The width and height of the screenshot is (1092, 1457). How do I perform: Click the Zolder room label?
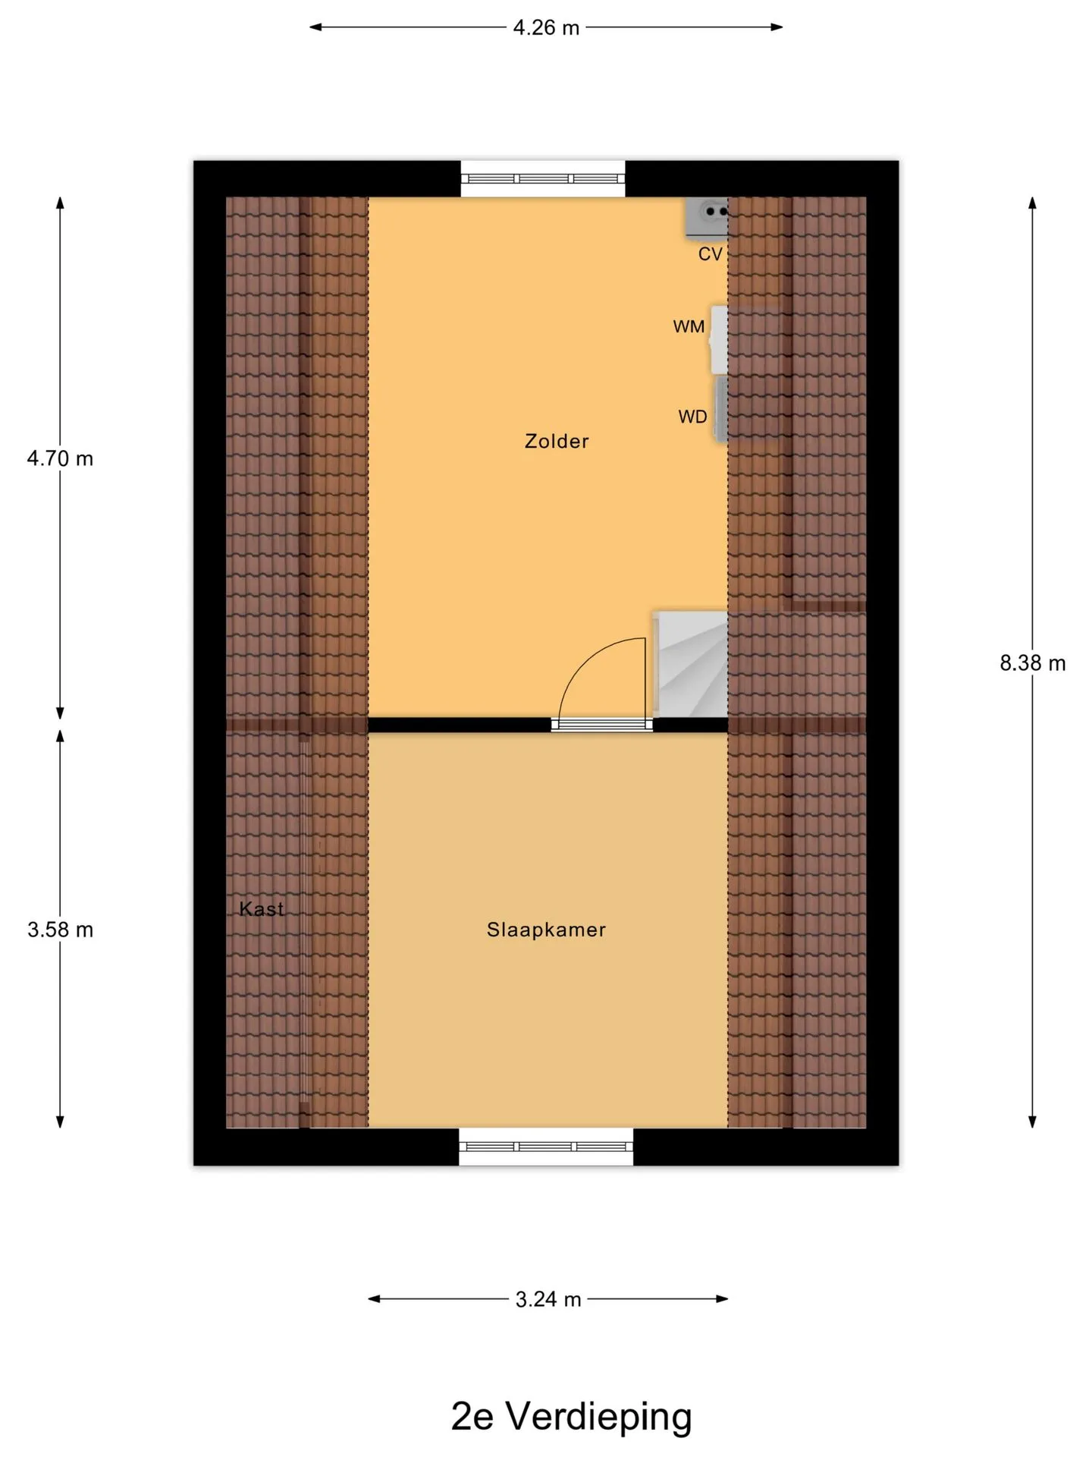557,441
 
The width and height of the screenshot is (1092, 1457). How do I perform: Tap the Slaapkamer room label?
546,930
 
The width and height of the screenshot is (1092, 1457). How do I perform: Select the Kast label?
262,908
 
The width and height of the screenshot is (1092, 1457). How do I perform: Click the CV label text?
711,254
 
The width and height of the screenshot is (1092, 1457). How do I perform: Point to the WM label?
689,327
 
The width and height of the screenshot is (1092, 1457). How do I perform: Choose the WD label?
692,417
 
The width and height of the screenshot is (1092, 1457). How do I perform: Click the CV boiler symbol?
707,217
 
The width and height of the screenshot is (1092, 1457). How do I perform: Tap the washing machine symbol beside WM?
719,339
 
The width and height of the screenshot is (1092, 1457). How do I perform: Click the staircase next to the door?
690,663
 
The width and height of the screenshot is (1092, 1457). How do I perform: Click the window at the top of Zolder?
543,179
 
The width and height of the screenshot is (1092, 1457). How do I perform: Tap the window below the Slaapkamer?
546,1147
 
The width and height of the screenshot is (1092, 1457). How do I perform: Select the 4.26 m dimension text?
546,28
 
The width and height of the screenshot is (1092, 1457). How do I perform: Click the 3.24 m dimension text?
548,1300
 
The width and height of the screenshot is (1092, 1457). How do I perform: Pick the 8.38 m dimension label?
1032,663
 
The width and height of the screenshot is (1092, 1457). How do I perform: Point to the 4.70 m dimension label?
60,458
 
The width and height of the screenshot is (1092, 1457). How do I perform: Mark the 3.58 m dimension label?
60,930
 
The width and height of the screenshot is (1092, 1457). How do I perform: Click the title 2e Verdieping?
571,1417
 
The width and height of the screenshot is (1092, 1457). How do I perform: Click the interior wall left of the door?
460,725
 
